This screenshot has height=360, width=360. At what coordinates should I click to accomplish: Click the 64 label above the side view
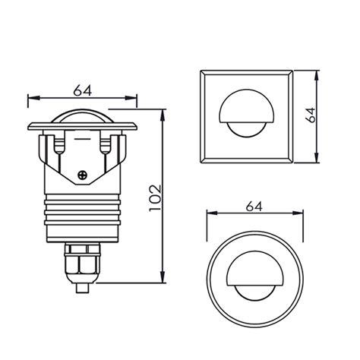(x=83, y=90)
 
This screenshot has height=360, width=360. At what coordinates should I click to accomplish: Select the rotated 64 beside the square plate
(x=309, y=116)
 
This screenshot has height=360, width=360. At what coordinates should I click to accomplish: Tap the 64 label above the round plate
(x=254, y=206)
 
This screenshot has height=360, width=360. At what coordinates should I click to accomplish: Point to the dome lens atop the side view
(x=83, y=116)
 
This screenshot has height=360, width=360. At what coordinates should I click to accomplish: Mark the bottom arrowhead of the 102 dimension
(x=165, y=279)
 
